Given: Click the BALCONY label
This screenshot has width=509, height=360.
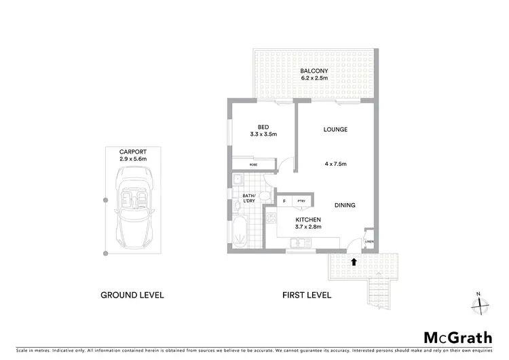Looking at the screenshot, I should tap(314, 70).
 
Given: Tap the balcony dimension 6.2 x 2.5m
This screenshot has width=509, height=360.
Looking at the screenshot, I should tap(314, 78).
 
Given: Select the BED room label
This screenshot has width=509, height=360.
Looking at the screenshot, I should tap(263, 126).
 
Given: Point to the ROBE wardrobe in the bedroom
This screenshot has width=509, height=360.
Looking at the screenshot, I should tap(253, 164).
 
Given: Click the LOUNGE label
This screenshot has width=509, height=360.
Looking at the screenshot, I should tap(335, 130).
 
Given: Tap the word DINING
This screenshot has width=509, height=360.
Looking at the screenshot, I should tap(345, 205).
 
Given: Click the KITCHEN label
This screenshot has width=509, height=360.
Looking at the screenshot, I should tap(307, 219).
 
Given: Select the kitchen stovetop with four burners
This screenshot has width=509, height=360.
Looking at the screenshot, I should tap(271, 218).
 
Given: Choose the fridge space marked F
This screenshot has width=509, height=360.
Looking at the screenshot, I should tap(284, 202).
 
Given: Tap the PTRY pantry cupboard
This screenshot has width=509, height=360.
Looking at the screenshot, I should tap(301, 202).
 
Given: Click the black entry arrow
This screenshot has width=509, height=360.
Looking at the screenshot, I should tap(354, 259).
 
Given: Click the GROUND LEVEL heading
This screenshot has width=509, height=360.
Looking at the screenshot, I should tap(132, 295).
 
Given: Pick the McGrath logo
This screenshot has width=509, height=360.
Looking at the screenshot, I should tap(459, 338).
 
